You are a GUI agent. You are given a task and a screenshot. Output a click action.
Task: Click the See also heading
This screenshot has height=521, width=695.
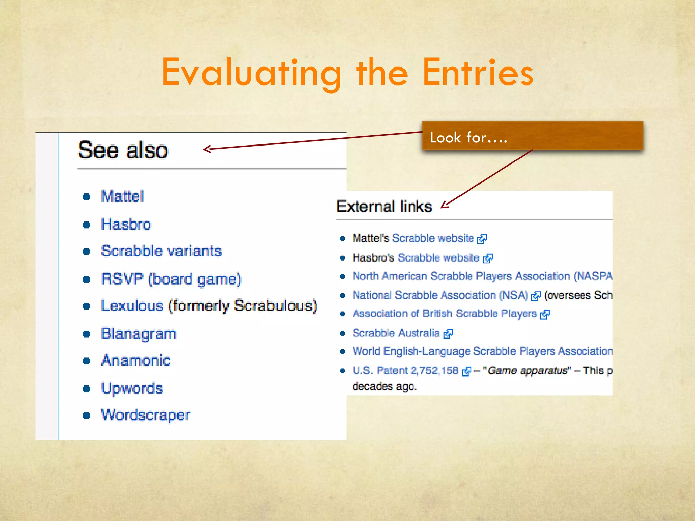coord(123,150)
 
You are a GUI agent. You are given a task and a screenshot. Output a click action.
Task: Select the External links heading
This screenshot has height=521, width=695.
coord(384,207)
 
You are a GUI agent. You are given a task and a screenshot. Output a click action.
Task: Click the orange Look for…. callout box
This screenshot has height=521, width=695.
coord(532,136)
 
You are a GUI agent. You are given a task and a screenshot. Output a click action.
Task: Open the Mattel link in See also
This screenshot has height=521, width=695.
coord(123,196)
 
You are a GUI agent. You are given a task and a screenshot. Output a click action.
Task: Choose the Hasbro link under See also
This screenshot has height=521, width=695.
coord(126,225)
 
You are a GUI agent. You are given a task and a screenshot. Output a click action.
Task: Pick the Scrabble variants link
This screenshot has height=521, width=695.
coord(161,251)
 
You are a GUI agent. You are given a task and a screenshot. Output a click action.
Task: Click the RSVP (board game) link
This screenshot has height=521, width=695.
coord(171,279)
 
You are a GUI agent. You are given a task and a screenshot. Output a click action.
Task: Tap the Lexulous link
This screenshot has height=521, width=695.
coord(132,306)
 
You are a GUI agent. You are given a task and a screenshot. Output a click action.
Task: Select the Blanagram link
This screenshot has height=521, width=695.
coord(139,334)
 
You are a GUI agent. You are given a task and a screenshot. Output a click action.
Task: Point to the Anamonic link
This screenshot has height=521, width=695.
coord(136,360)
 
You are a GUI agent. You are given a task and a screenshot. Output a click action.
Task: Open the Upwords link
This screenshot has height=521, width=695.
coord(132,388)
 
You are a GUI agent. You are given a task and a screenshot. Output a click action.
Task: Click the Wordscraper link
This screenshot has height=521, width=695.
coord(146,415)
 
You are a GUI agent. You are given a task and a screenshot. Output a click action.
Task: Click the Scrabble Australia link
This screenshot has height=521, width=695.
coord(396,333)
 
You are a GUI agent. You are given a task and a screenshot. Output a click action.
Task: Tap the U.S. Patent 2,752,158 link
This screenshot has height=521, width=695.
coord(405,371)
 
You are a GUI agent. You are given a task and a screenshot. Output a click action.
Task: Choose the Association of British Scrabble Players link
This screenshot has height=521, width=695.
coord(445,314)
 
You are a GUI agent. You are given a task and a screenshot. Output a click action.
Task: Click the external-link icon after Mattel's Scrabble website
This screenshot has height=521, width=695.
coord(482,239)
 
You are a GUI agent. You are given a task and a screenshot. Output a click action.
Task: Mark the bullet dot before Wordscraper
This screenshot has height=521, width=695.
coord(87,416)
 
